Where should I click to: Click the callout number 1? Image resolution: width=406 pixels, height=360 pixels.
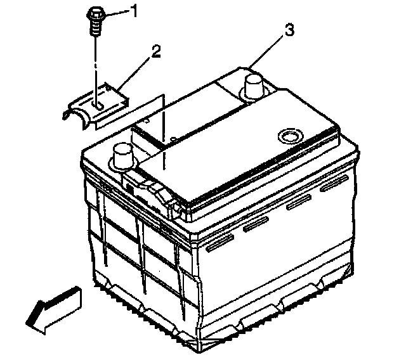134,11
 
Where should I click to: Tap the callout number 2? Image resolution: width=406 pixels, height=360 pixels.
156,51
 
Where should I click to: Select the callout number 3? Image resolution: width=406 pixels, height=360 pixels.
289,30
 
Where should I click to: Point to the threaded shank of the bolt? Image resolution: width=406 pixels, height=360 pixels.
96,28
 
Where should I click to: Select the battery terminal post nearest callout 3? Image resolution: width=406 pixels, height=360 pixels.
254,86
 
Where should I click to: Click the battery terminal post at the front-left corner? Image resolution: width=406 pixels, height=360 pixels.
122,157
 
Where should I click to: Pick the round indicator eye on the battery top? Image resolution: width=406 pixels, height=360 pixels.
290,136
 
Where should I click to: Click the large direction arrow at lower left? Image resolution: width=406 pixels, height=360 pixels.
53,310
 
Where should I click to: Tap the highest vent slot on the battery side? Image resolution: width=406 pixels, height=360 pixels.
334,183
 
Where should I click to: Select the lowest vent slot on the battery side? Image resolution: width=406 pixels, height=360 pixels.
220,243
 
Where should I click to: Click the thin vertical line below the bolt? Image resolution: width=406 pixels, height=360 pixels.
96,70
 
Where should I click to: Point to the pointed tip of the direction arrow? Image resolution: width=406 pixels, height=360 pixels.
26,323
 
